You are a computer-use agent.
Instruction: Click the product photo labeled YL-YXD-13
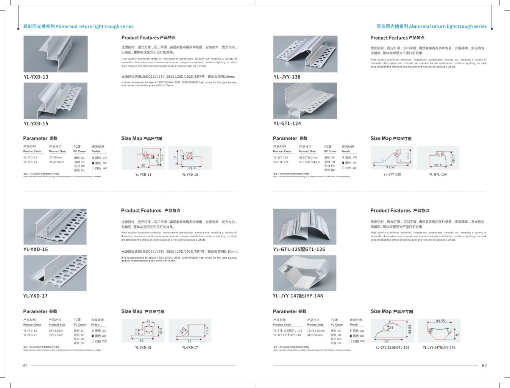point(55,54)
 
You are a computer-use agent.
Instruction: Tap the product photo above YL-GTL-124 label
point(305,101)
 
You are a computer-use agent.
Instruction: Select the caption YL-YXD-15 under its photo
point(36,124)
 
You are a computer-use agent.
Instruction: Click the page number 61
point(25,366)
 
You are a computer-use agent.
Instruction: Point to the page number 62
point(484,366)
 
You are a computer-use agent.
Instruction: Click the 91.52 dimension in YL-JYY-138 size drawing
point(390,167)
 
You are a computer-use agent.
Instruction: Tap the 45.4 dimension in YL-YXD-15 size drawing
point(192,168)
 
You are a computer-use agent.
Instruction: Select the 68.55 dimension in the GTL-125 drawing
point(410,329)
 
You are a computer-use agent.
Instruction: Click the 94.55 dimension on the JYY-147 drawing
point(440,321)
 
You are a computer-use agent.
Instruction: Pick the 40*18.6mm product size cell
point(56,331)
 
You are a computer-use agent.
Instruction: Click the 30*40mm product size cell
point(55,158)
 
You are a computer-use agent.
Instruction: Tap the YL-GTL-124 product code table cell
point(281,162)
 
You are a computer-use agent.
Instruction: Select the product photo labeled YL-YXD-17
point(55,273)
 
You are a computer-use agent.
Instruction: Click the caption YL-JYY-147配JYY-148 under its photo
point(298,296)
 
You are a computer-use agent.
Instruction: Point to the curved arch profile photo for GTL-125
point(305,227)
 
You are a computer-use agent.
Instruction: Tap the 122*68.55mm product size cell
point(315,331)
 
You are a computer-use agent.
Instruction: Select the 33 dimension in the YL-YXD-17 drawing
point(189,341)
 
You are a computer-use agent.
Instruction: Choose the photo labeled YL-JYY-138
point(305,54)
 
